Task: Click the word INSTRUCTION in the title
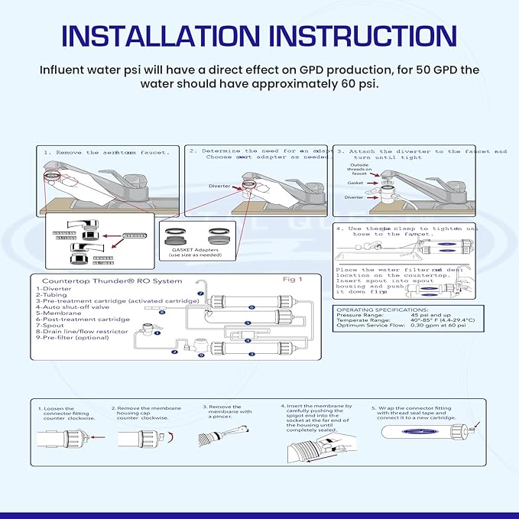point(359,36)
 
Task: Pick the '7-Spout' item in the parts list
point(49,325)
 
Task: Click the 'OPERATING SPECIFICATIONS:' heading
point(378,310)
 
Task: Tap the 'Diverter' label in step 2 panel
point(219,186)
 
